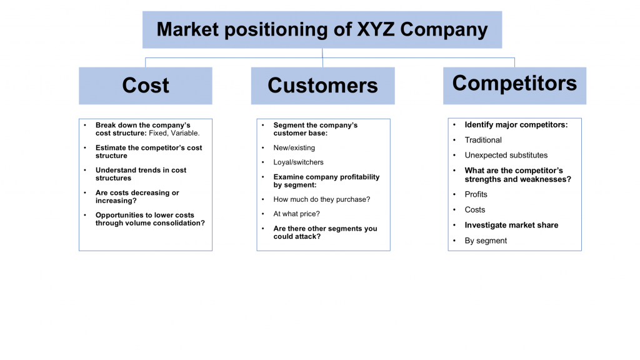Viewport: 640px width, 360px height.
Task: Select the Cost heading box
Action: pyautogui.click(x=146, y=86)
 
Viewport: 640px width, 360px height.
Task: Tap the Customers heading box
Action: pyautogui.click(x=322, y=86)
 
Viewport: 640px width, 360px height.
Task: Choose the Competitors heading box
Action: pyautogui.click(x=514, y=84)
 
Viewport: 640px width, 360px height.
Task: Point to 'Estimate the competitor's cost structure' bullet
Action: pyautogui.click(x=149, y=152)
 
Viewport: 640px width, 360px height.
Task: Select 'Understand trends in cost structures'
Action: pyautogui.click(x=141, y=174)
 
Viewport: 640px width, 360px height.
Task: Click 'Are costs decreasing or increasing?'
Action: pyautogui.click(x=137, y=197)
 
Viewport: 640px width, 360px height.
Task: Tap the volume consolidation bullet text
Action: pyautogui.click(x=150, y=219)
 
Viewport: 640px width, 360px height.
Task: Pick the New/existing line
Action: pyautogui.click(x=294, y=148)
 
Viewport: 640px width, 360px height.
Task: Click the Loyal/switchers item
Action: pyautogui.click(x=299, y=162)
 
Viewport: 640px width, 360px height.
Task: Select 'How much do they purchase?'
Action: pyautogui.click(x=322, y=199)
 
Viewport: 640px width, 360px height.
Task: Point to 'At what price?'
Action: pyautogui.click(x=297, y=214)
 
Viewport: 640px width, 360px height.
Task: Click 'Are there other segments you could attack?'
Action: pyautogui.click(x=325, y=232)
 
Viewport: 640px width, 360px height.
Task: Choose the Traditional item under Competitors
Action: pyautogui.click(x=483, y=140)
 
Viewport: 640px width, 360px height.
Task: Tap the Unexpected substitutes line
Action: pyautogui.click(x=506, y=155)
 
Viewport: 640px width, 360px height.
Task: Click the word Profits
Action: pyautogui.click(x=476, y=194)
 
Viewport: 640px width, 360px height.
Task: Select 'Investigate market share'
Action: pyautogui.click(x=511, y=225)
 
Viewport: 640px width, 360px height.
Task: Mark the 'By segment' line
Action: pyautogui.click(x=486, y=241)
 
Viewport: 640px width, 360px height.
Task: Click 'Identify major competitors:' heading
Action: pyautogui.click(x=516, y=125)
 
